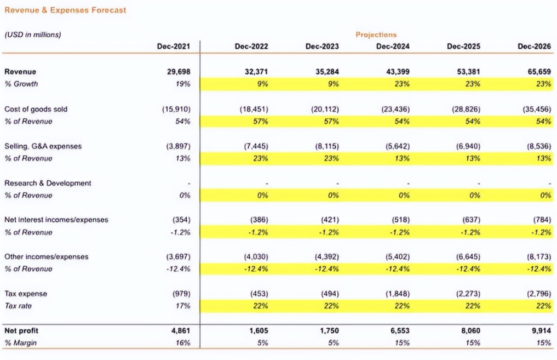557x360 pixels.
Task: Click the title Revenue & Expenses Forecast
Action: coord(65,10)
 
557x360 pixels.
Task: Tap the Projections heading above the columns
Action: coord(376,35)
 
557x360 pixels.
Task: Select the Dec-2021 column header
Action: coord(174,47)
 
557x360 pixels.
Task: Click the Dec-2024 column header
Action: coord(393,47)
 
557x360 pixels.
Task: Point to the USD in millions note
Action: coord(33,35)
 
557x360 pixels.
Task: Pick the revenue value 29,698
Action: coord(179,72)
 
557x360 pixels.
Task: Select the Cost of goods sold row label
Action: coord(36,109)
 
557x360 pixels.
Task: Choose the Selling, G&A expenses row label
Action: coord(43,146)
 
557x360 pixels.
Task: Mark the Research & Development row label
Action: coord(48,183)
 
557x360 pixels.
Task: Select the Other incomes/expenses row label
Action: coord(47,256)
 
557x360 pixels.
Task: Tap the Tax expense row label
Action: coord(26,294)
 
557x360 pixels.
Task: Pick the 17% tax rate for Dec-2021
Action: coord(183,306)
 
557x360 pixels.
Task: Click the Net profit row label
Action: coord(22,331)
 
